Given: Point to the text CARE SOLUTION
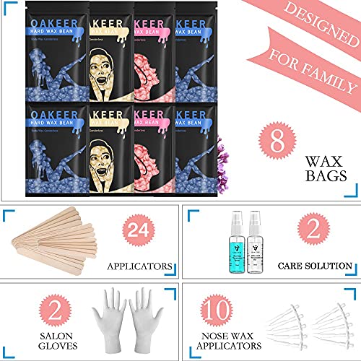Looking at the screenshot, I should pyautogui.click(x=315, y=267).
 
